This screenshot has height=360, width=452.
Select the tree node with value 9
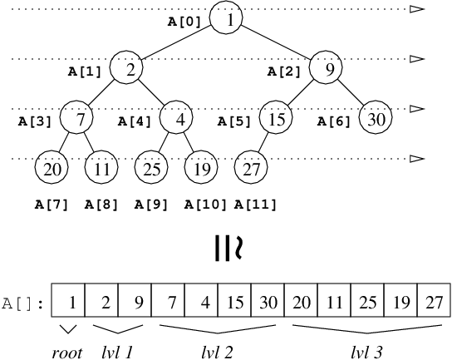[x=328, y=70]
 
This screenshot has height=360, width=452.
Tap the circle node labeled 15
[x=277, y=120]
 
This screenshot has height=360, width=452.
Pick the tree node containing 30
[x=377, y=120]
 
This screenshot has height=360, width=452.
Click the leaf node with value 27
[x=253, y=170]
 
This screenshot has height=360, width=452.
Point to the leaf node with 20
[x=52, y=170]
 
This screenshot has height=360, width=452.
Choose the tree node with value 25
[x=151, y=170]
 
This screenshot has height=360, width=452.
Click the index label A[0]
[x=184, y=22]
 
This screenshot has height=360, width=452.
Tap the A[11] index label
[x=255, y=203]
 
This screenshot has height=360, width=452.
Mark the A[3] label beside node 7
[x=35, y=122]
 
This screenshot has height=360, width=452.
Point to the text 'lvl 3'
[x=366, y=352]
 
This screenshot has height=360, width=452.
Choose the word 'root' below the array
[x=66, y=352]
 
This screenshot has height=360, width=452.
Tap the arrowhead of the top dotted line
[x=418, y=9]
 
